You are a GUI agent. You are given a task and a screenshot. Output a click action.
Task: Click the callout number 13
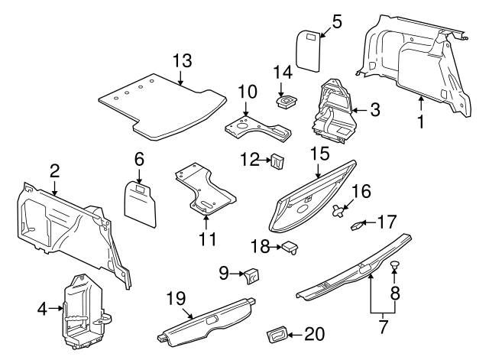[x=182, y=62]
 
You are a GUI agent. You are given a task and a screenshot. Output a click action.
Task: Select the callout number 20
[x=315, y=333]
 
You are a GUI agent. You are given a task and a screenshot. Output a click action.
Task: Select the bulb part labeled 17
[x=358, y=225]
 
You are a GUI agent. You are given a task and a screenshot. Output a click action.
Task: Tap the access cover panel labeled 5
[x=308, y=50]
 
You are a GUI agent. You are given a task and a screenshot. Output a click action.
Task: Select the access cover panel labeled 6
[x=141, y=202]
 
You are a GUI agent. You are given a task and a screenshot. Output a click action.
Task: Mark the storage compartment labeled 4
[x=81, y=309]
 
